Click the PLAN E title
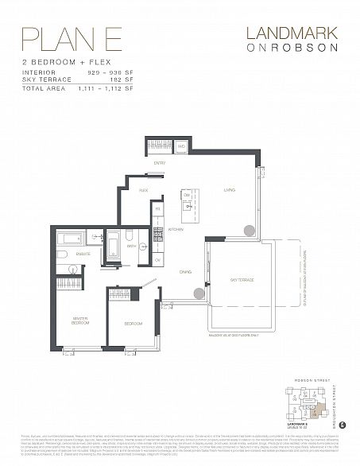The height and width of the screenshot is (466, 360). pos(54,37)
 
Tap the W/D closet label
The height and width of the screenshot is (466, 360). pos(180,146)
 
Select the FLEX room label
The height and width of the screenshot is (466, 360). pos(144,191)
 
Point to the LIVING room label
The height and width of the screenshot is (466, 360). pos(229,190)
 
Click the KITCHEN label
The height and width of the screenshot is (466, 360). pos(176,229)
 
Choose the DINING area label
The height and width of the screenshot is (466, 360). pos(184,270)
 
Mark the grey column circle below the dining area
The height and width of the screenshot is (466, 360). pos(199,293)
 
